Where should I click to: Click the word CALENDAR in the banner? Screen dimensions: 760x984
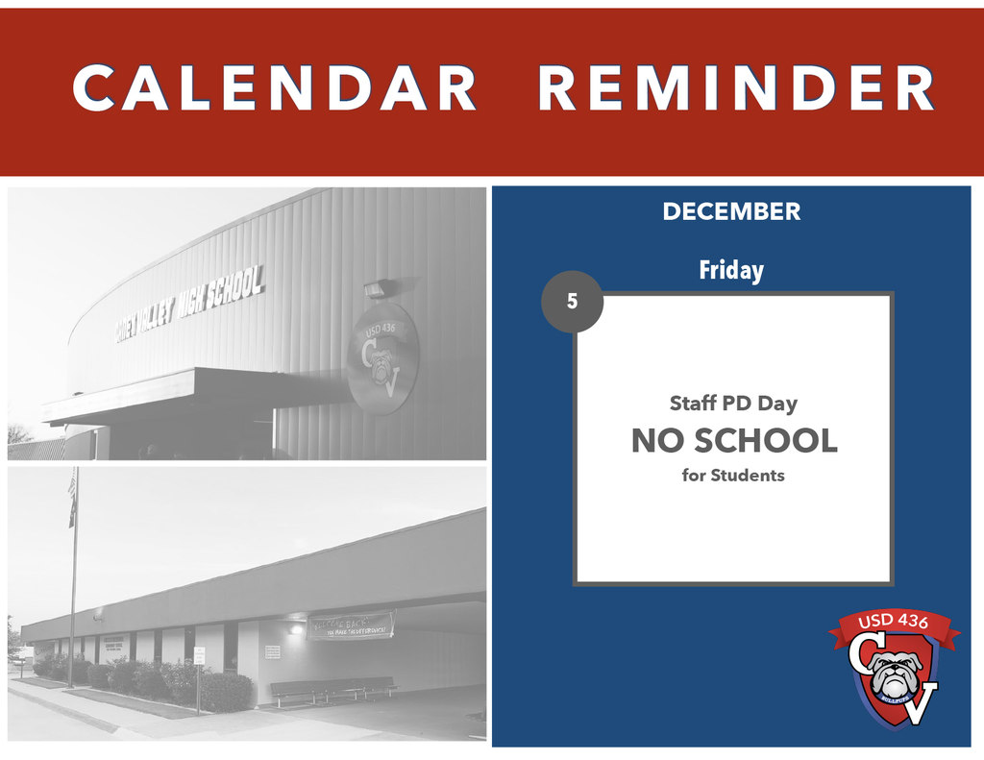tap(274, 88)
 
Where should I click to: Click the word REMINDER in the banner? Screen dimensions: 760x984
tap(736, 88)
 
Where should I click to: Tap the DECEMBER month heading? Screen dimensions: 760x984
tap(731, 212)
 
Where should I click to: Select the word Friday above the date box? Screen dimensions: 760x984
tap(731, 271)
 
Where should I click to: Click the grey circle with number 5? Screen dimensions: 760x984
tap(573, 302)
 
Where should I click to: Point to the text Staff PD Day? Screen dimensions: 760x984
tap(733, 404)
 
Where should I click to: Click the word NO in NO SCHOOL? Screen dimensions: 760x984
tap(657, 441)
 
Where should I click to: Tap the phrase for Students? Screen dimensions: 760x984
tap(733, 475)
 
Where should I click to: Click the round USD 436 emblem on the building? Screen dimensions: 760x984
tap(382, 358)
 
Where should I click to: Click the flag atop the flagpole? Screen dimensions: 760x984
tap(72, 498)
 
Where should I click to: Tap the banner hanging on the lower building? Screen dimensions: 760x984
tap(350, 625)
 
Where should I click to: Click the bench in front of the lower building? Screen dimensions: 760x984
tap(332, 687)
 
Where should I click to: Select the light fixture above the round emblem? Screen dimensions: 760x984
tap(376, 289)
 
